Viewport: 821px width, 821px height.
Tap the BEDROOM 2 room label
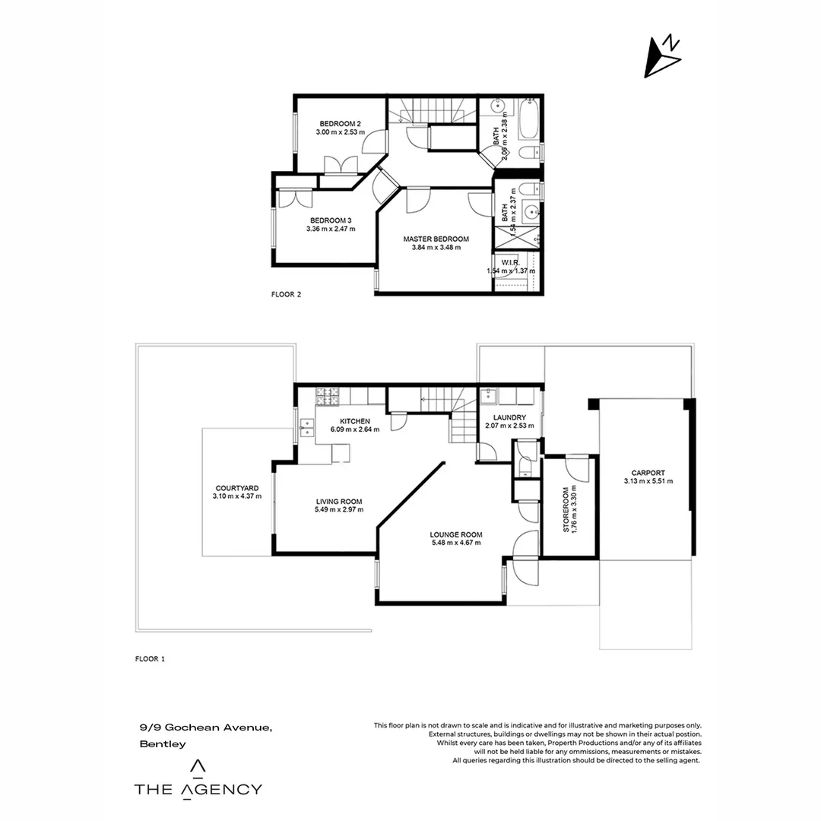(340, 124)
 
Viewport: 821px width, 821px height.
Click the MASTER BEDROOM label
(436, 239)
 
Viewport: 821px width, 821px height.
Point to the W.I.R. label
(511, 262)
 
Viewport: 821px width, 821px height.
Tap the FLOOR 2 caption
(287, 293)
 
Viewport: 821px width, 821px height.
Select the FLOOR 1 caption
(149, 659)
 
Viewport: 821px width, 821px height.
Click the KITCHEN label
(354, 421)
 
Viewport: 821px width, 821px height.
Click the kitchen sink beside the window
(307, 428)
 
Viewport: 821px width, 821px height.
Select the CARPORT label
(648, 472)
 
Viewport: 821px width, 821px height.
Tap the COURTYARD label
(236, 488)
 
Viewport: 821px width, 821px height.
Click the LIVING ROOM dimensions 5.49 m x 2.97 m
(338, 510)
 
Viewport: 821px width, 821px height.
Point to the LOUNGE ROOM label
(456, 534)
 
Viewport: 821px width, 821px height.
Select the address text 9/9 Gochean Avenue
(206, 727)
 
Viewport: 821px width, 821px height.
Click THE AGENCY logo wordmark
(198, 789)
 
